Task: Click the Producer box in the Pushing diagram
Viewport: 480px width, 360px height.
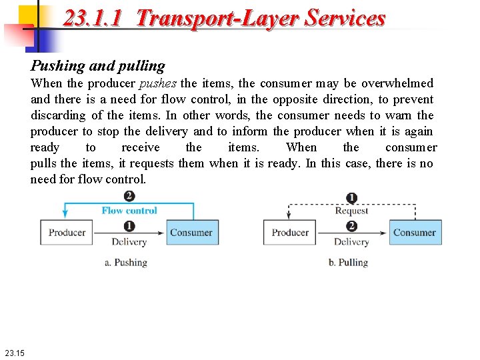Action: [x=67, y=233]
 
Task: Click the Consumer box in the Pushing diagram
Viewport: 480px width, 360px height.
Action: [x=191, y=233]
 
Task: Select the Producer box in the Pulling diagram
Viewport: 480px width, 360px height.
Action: [x=290, y=233]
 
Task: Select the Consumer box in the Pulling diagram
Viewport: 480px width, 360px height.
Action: [x=414, y=233]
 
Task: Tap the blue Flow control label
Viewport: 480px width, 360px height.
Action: [x=129, y=211]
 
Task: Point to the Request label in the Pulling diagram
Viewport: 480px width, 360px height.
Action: [x=351, y=211]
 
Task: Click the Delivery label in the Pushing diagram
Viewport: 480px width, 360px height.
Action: [x=129, y=242]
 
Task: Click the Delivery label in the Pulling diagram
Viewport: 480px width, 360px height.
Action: [x=351, y=242]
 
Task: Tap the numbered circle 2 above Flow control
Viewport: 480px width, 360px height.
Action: [x=129, y=196]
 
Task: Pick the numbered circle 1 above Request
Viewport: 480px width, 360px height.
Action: [x=352, y=197]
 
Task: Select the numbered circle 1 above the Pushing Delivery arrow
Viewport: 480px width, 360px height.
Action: [x=129, y=227]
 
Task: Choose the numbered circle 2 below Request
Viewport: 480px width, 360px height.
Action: [x=352, y=227]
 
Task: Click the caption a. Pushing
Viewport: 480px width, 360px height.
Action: [x=125, y=262]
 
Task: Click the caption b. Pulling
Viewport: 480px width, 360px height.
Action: [x=348, y=262]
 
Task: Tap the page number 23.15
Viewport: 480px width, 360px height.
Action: [x=13, y=353]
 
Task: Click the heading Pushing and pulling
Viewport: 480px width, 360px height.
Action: [x=97, y=66]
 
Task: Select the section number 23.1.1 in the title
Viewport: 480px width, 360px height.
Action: [x=92, y=17]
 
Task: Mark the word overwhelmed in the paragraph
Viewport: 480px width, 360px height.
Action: [x=399, y=83]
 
